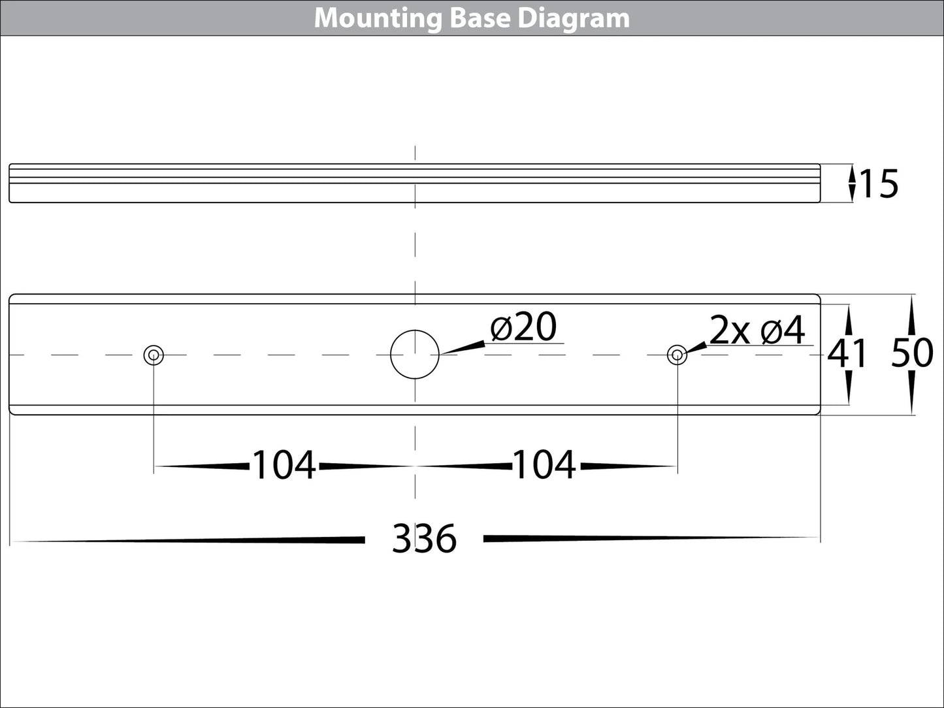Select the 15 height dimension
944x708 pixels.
(x=879, y=184)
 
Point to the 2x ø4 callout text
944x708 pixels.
(x=757, y=331)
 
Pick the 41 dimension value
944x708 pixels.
(x=847, y=355)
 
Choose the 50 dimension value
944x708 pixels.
(x=912, y=354)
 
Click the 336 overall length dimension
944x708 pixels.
(x=424, y=539)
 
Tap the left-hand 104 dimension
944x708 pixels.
(x=284, y=466)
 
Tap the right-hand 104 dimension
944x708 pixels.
(x=545, y=466)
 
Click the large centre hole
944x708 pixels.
(x=415, y=355)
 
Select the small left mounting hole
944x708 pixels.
(x=154, y=355)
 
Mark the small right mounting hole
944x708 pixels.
(x=677, y=355)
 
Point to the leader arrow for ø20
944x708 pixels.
(x=464, y=347)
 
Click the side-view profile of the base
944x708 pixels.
(x=415, y=184)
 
